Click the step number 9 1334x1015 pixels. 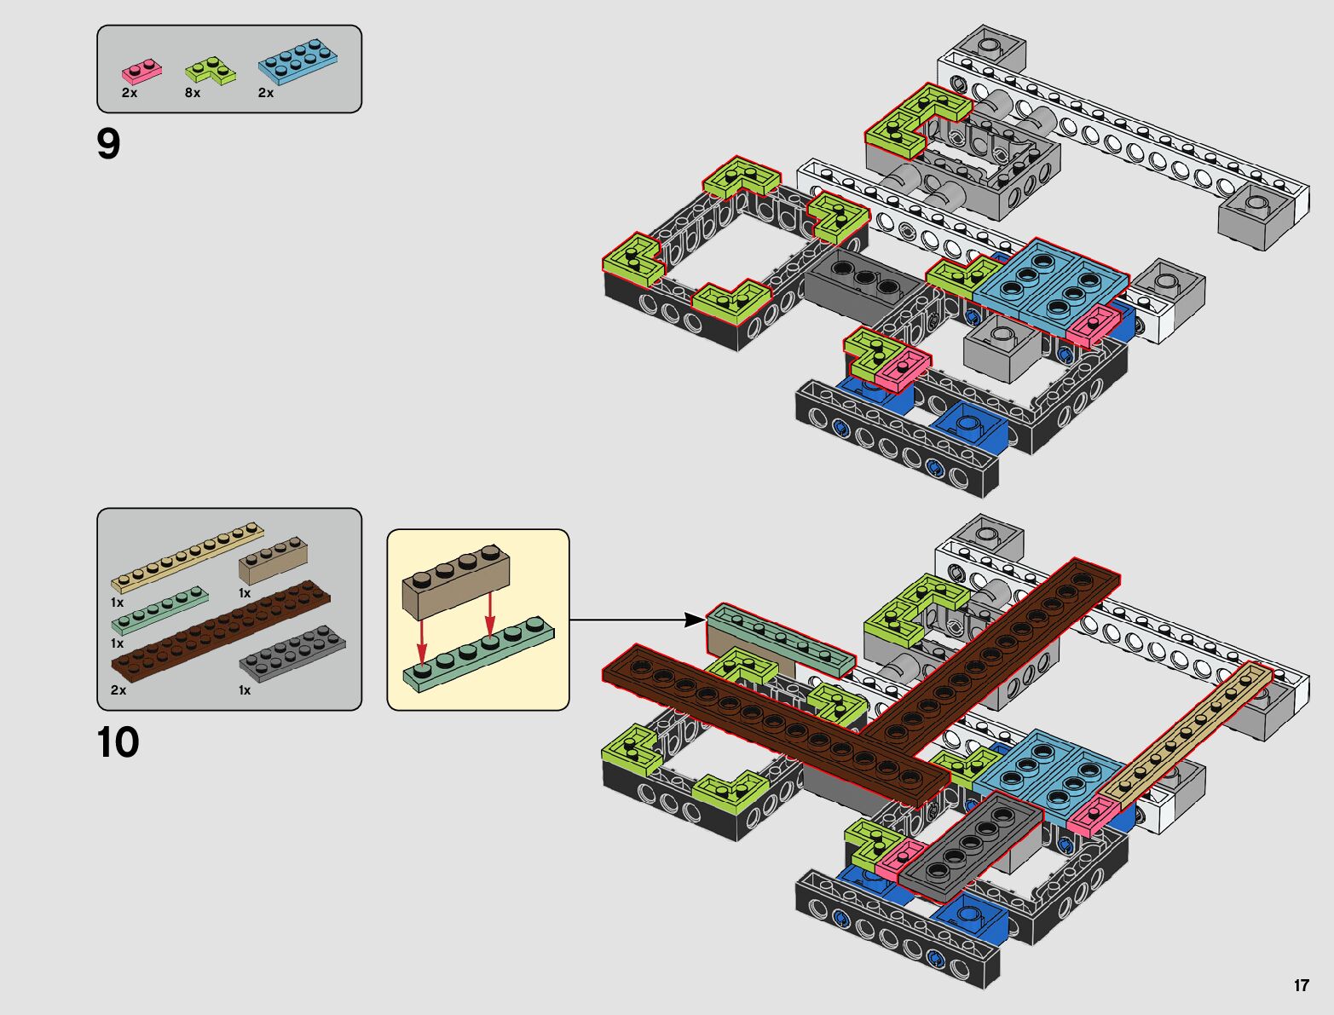click(x=109, y=145)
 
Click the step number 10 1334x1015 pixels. click(x=118, y=742)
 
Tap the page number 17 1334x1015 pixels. click(x=1301, y=985)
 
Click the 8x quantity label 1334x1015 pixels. click(x=193, y=93)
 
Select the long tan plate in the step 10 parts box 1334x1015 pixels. click(x=188, y=556)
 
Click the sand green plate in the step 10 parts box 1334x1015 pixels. click(x=159, y=610)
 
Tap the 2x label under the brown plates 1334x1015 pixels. click(x=118, y=690)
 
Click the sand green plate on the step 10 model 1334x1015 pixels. click(x=780, y=639)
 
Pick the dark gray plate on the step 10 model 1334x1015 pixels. click(x=972, y=844)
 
